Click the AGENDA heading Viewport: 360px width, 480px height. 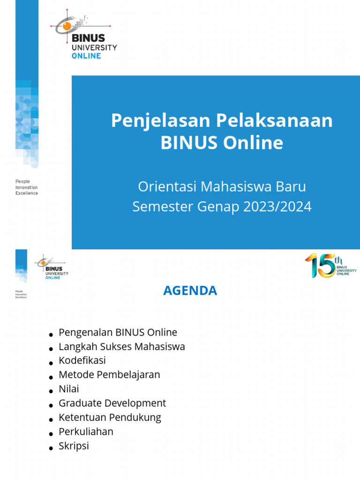tap(190, 291)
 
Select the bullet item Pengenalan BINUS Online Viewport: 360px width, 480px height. tap(118, 332)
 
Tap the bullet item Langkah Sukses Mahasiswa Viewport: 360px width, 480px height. tap(121, 347)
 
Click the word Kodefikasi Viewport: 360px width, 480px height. tap(82, 360)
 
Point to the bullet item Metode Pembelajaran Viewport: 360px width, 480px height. tap(109, 375)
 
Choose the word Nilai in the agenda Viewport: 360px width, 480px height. tap(69, 389)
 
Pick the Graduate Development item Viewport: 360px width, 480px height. tap(112, 403)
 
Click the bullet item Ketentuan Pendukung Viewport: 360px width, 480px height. tap(110, 417)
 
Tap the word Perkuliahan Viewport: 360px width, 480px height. tap(86, 431)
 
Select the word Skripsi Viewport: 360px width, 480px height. tap(74, 445)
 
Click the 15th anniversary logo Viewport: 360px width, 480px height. tap(330, 265)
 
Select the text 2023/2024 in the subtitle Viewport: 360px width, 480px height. tap(277, 207)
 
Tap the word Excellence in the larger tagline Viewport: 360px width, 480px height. tap(27, 193)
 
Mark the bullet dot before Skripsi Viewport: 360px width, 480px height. tap(51, 448)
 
